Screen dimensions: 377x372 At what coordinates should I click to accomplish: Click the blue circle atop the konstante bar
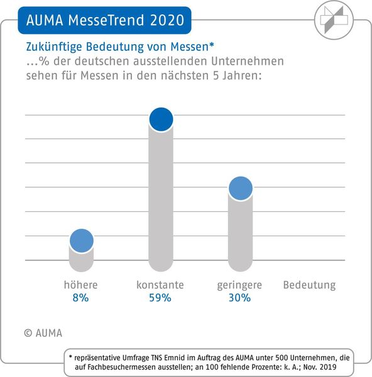(x=160, y=119)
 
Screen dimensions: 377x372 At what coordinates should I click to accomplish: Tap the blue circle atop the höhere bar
(x=81, y=240)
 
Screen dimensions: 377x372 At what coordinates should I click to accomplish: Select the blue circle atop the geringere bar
(x=240, y=188)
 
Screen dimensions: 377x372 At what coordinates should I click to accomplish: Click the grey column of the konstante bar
(x=160, y=201)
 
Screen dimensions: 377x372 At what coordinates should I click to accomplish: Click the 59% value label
(x=160, y=298)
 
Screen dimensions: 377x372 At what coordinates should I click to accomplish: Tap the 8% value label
(x=80, y=298)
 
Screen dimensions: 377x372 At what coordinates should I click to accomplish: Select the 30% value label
(x=239, y=298)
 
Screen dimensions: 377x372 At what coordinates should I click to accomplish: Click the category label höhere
(x=80, y=285)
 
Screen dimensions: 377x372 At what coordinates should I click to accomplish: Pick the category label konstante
(x=160, y=285)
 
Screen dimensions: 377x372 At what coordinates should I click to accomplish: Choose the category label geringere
(x=239, y=285)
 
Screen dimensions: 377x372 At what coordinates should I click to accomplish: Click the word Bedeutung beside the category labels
(x=309, y=285)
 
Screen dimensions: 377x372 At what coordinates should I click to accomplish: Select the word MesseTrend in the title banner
(x=101, y=20)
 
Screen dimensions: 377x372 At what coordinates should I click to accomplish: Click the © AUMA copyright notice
(x=43, y=333)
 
